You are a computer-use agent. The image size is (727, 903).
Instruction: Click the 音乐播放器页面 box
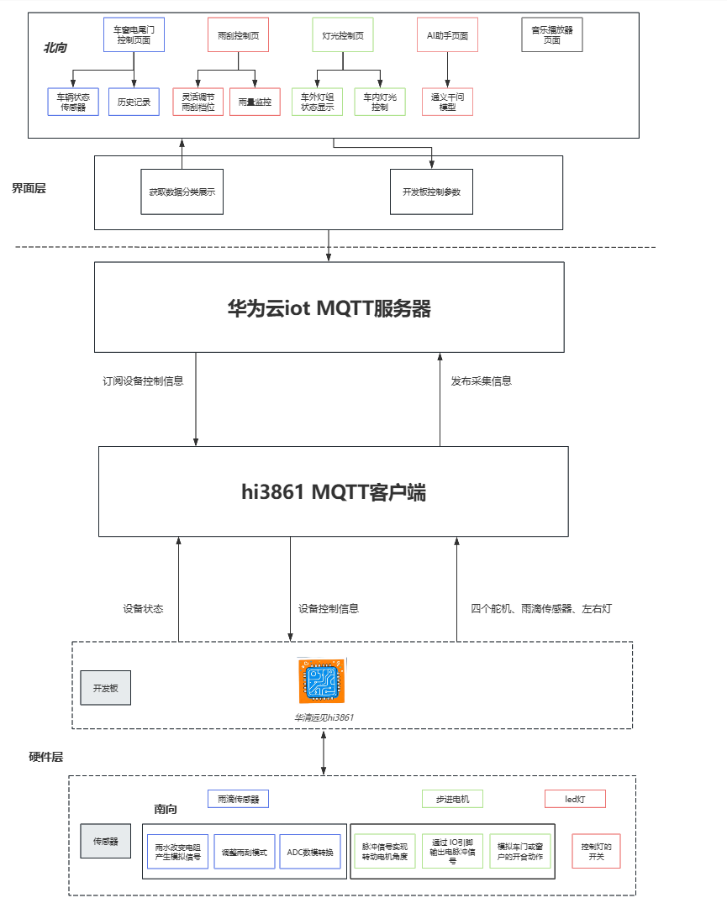click(551, 35)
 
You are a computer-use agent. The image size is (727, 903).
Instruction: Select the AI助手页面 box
click(447, 35)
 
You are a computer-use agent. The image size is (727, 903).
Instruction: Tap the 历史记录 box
click(134, 102)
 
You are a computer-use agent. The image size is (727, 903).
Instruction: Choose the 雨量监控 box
click(254, 102)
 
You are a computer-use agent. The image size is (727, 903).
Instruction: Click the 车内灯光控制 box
click(380, 102)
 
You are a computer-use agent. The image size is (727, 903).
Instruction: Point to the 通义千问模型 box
click(447, 102)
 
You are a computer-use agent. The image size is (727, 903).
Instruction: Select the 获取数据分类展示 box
click(182, 191)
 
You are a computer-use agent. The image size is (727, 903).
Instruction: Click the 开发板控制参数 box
click(431, 191)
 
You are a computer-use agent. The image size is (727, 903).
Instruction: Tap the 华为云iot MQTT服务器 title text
click(329, 308)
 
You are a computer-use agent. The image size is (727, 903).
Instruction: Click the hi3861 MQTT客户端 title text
click(333, 492)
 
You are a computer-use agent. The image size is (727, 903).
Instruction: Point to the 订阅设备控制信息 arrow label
click(143, 381)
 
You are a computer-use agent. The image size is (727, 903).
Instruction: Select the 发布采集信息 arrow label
click(481, 381)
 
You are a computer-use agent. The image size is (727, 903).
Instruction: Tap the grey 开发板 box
click(105, 688)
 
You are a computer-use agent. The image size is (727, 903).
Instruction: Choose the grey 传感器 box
click(105, 841)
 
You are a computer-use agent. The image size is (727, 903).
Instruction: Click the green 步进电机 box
click(452, 799)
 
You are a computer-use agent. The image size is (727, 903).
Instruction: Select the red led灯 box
click(575, 799)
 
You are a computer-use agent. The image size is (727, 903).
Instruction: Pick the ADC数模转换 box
click(309, 852)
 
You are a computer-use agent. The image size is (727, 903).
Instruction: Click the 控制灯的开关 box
click(596, 852)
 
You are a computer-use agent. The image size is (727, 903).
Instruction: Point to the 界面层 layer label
click(29, 189)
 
